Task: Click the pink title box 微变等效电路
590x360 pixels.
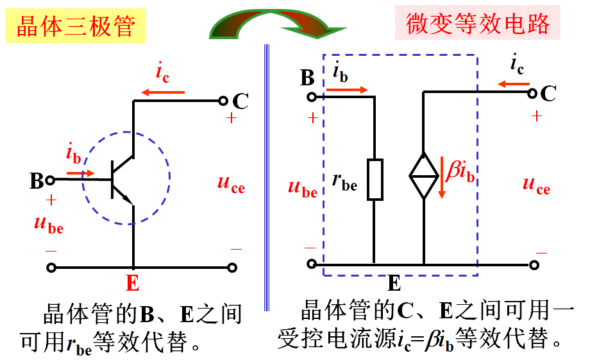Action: point(477,24)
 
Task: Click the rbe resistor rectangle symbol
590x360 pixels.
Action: point(375,180)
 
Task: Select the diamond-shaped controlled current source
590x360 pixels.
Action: point(423,175)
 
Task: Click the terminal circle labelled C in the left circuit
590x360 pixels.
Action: point(223,101)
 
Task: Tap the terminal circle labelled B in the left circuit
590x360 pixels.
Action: point(52,180)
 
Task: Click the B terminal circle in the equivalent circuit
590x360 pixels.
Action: point(312,97)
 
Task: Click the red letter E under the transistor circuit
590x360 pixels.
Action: point(133,283)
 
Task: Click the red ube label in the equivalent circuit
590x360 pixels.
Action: point(303,189)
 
